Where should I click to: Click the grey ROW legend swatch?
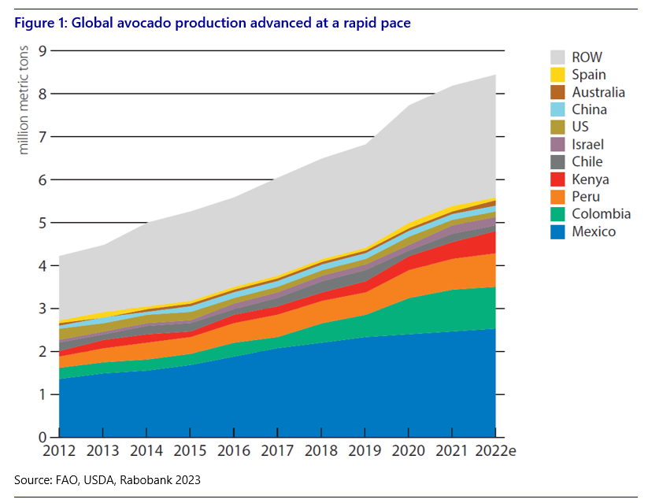(557, 57)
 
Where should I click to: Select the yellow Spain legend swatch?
(557, 75)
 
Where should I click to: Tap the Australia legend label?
(598, 92)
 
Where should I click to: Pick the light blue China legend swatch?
(557, 109)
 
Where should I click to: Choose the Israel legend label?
(588, 144)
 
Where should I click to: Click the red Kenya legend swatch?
(557, 179)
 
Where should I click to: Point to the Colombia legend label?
(601, 213)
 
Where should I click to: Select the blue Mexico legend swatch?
(557, 231)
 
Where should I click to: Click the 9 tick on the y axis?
(43, 51)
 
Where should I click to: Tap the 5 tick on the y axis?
(43, 223)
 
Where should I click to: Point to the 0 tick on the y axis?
(43, 438)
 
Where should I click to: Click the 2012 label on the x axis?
(59, 453)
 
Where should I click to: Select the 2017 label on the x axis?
(277, 453)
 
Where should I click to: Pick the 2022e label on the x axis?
(493, 453)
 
